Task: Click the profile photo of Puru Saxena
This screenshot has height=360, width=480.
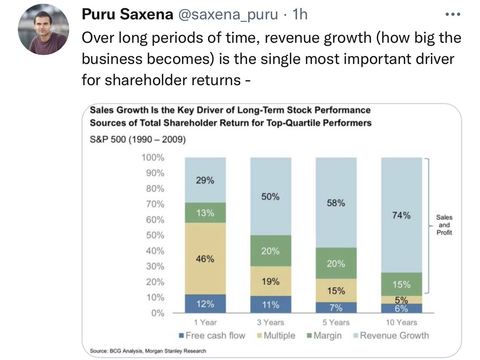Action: [x=44, y=30]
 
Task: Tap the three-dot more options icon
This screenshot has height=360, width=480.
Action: [x=452, y=15]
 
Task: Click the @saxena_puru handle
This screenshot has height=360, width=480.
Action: [x=228, y=15]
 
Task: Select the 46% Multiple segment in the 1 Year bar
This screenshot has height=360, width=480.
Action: [x=205, y=258]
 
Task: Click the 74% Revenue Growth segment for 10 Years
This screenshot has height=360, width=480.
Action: [x=401, y=215]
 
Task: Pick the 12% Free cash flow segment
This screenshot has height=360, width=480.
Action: [x=205, y=304]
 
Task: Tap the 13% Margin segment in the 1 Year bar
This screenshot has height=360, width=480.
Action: [x=205, y=213]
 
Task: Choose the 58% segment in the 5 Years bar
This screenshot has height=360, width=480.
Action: [x=336, y=203]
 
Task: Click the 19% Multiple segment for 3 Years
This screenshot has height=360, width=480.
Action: [x=271, y=281]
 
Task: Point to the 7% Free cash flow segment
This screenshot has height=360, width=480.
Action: [x=336, y=308]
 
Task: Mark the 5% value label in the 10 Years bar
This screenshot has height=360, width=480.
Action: [x=401, y=300]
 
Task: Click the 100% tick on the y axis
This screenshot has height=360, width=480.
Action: [x=153, y=158]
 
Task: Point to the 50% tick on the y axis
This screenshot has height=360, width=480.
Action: [x=154, y=235]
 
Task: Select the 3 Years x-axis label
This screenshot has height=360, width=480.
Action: [x=271, y=322]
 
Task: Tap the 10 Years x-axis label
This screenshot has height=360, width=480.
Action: [x=401, y=322]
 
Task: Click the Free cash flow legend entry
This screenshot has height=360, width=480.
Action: [x=212, y=335]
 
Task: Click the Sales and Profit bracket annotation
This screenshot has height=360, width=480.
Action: [x=444, y=225]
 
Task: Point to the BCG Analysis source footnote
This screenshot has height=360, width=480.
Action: [x=148, y=351]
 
